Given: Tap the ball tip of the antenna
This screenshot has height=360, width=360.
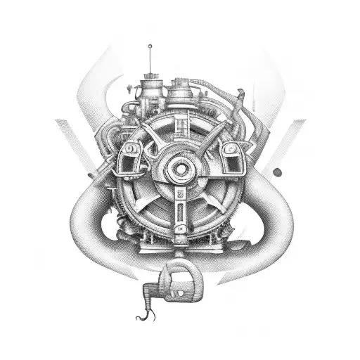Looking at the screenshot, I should point(150,47).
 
